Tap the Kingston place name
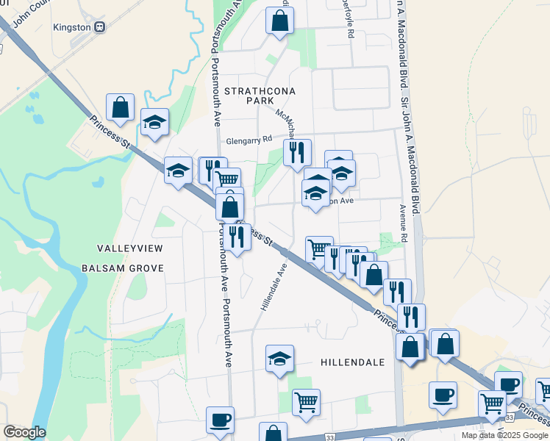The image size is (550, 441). point(73,27)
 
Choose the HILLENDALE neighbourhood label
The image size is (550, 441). point(353,362)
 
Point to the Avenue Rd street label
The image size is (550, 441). point(404,224)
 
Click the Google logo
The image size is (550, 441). point(24,432)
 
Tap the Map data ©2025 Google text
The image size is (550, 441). point(504,435)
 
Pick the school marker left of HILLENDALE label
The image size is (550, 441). point(279,359)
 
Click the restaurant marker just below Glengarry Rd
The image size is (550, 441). point(297,153)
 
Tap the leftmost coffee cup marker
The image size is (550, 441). point(220,420)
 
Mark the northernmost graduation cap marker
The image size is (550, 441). point(155,122)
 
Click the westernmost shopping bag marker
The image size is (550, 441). point(120,107)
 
